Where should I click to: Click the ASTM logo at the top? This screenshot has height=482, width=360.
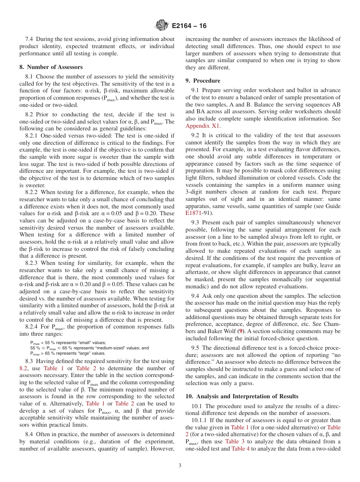pos(162,26)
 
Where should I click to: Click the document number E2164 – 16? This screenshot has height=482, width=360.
pos(189,26)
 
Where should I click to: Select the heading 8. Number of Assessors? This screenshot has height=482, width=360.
pos(51,67)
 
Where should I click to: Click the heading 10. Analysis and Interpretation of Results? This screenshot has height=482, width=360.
pos(242,396)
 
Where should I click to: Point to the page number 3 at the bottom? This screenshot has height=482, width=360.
pos(180,466)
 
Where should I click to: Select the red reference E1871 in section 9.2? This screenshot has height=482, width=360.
pos(193,213)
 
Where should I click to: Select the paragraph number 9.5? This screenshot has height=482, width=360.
pos(195,348)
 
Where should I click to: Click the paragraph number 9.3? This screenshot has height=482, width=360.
pos(195,222)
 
